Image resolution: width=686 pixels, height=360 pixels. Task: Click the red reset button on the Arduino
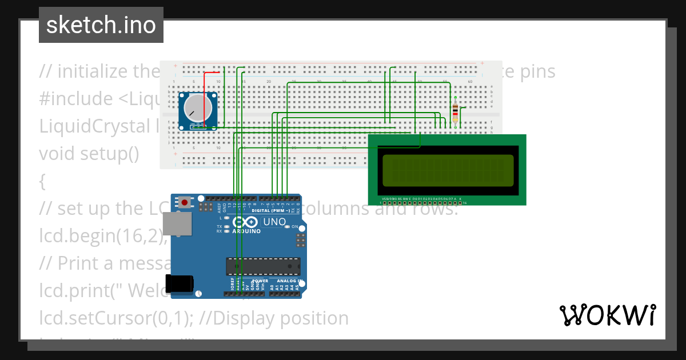[x=185, y=202]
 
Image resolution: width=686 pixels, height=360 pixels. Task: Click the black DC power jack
[x=180, y=283]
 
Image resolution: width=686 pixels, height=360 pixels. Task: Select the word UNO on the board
[x=274, y=222]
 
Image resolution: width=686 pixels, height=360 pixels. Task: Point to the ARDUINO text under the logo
[x=246, y=231]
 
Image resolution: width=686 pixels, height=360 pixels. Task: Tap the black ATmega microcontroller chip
[x=263, y=266]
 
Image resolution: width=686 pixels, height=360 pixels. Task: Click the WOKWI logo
[x=607, y=315]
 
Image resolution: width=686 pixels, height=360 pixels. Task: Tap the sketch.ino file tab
[x=101, y=25]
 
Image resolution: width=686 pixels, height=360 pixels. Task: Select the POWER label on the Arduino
[x=260, y=281]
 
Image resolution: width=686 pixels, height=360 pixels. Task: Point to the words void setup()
[x=89, y=154]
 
